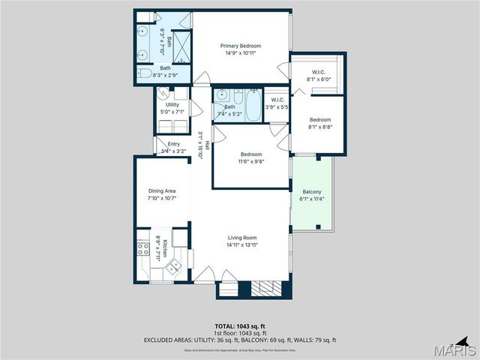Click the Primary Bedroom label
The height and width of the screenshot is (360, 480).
239,45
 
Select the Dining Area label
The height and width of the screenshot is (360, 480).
161,191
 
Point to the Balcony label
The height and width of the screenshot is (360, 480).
311,191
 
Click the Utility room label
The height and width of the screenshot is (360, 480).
172,105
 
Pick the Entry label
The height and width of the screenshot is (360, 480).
173,144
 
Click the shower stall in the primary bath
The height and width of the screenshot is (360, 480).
181,49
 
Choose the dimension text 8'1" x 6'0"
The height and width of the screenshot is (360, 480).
318,79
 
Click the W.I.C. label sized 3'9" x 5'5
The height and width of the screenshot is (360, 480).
276,100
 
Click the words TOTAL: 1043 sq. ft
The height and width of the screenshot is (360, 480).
239,326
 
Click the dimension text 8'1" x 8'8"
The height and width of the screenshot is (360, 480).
320,126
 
